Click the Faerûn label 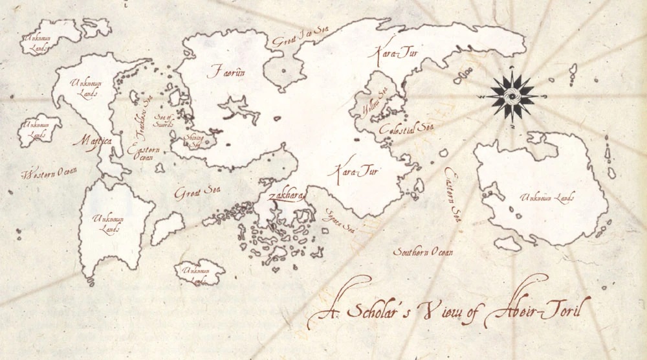(x=226, y=72)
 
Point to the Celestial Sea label (x=406, y=128)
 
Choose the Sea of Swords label (x=162, y=120)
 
